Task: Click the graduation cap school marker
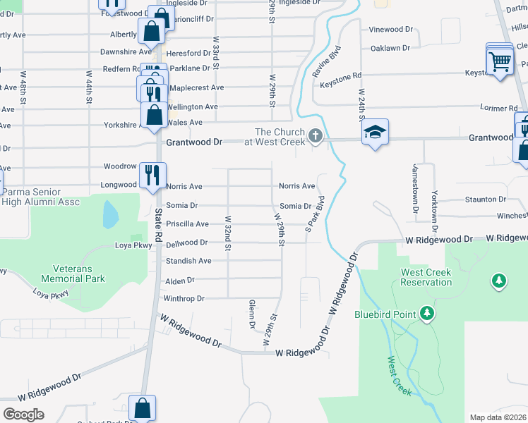pyautogui.click(x=375, y=132)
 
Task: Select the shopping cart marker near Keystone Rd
pyautogui.click(x=500, y=61)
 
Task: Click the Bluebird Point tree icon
pyautogui.click(x=426, y=312)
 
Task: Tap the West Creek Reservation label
pyautogui.click(x=426, y=277)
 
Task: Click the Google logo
pyautogui.click(x=23, y=415)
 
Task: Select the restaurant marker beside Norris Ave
pyautogui.click(x=153, y=176)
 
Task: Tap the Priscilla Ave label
pyautogui.click(x=187, y=223)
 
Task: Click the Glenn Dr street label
pyautogui.click(x=251, y=314)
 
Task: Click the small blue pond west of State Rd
pyautogui.click(x=110, y=214)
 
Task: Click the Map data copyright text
pyautogui.click(x=498, y=417)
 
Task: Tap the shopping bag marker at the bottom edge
pyautogui.click(x=142, y=407)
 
